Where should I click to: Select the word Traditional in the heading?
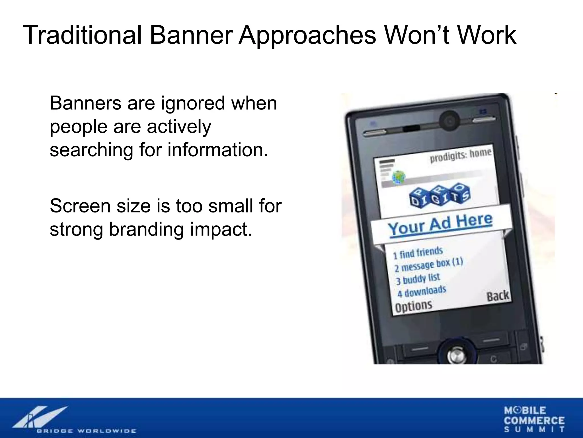[x=82, y=35]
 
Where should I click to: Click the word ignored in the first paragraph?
[x=193, y=104]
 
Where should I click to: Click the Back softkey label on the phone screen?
[x=498, y=296]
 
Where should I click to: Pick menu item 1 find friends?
[x=418, y=253]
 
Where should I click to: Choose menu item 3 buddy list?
[x=418, y=279]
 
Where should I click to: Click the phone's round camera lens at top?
[x=449, y=121]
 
